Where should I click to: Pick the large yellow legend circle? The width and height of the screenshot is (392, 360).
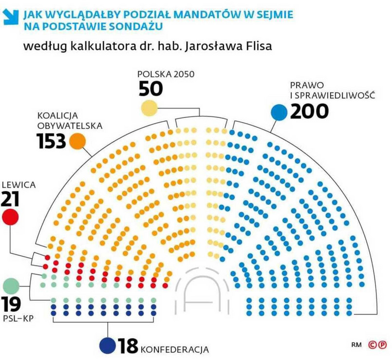point(149,108)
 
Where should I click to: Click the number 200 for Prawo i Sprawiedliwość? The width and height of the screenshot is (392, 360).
point(309,112)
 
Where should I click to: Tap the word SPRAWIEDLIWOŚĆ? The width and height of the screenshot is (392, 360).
point(336,95)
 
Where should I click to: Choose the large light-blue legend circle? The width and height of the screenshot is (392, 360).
point(279,113)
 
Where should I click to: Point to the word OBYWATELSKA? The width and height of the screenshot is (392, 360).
point(70,125)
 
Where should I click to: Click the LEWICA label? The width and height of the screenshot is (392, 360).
point(18,185)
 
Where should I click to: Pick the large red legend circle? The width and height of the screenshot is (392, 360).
point(10,217)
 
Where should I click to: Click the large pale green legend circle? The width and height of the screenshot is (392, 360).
point(10,285)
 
